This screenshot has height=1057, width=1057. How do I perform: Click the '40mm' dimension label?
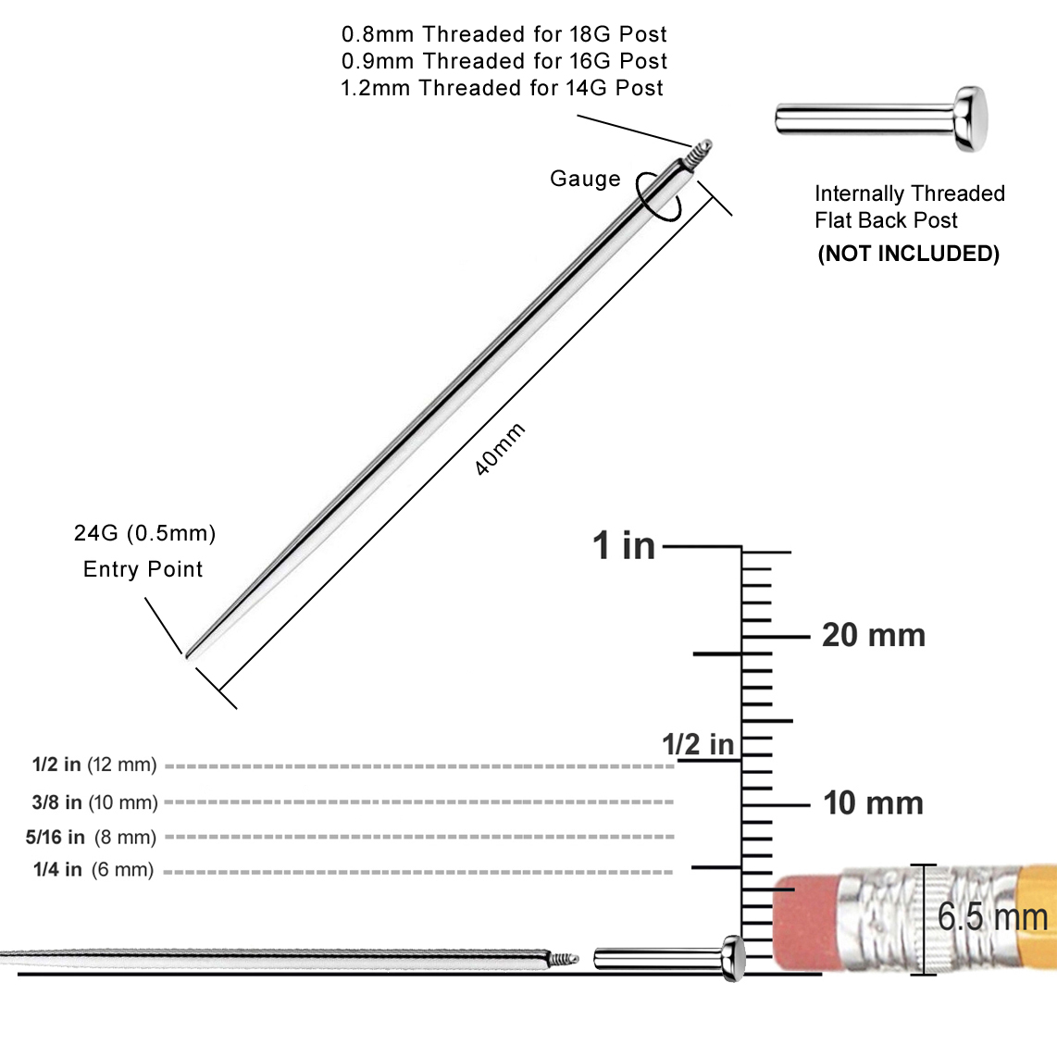pos(500,450)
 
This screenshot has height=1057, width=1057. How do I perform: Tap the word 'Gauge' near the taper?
pos(585,179)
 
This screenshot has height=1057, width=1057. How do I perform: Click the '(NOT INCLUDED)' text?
pos(908,254)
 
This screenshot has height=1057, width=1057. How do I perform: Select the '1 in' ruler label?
pos(624,545)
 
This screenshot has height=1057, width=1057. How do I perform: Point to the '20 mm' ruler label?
pos(873,635)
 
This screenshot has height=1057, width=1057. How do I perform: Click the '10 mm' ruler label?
pos(873,802)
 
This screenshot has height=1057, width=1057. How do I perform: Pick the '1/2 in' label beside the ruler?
pos(697,744)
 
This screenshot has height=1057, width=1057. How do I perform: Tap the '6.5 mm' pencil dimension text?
pos(992,916)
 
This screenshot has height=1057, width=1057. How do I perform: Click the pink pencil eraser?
pos(805,921)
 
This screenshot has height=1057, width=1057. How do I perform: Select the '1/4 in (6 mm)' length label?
pos(93,869)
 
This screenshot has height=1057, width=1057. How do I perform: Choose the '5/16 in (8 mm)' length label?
pos(91,837)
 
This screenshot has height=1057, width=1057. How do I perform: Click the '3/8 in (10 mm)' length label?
pos(94,802)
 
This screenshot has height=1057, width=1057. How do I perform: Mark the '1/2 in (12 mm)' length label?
pos(94,765)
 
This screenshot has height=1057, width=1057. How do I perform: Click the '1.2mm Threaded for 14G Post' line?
pos(502,88)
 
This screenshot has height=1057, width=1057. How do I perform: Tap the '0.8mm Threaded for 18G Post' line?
pos(504,34)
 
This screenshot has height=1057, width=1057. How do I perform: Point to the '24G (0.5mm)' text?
pos(144,533)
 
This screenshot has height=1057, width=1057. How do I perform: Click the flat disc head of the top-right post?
pos(971,118)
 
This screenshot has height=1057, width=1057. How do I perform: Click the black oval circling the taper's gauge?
pos(658,196)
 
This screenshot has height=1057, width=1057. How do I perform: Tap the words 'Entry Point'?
pos(143,569)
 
